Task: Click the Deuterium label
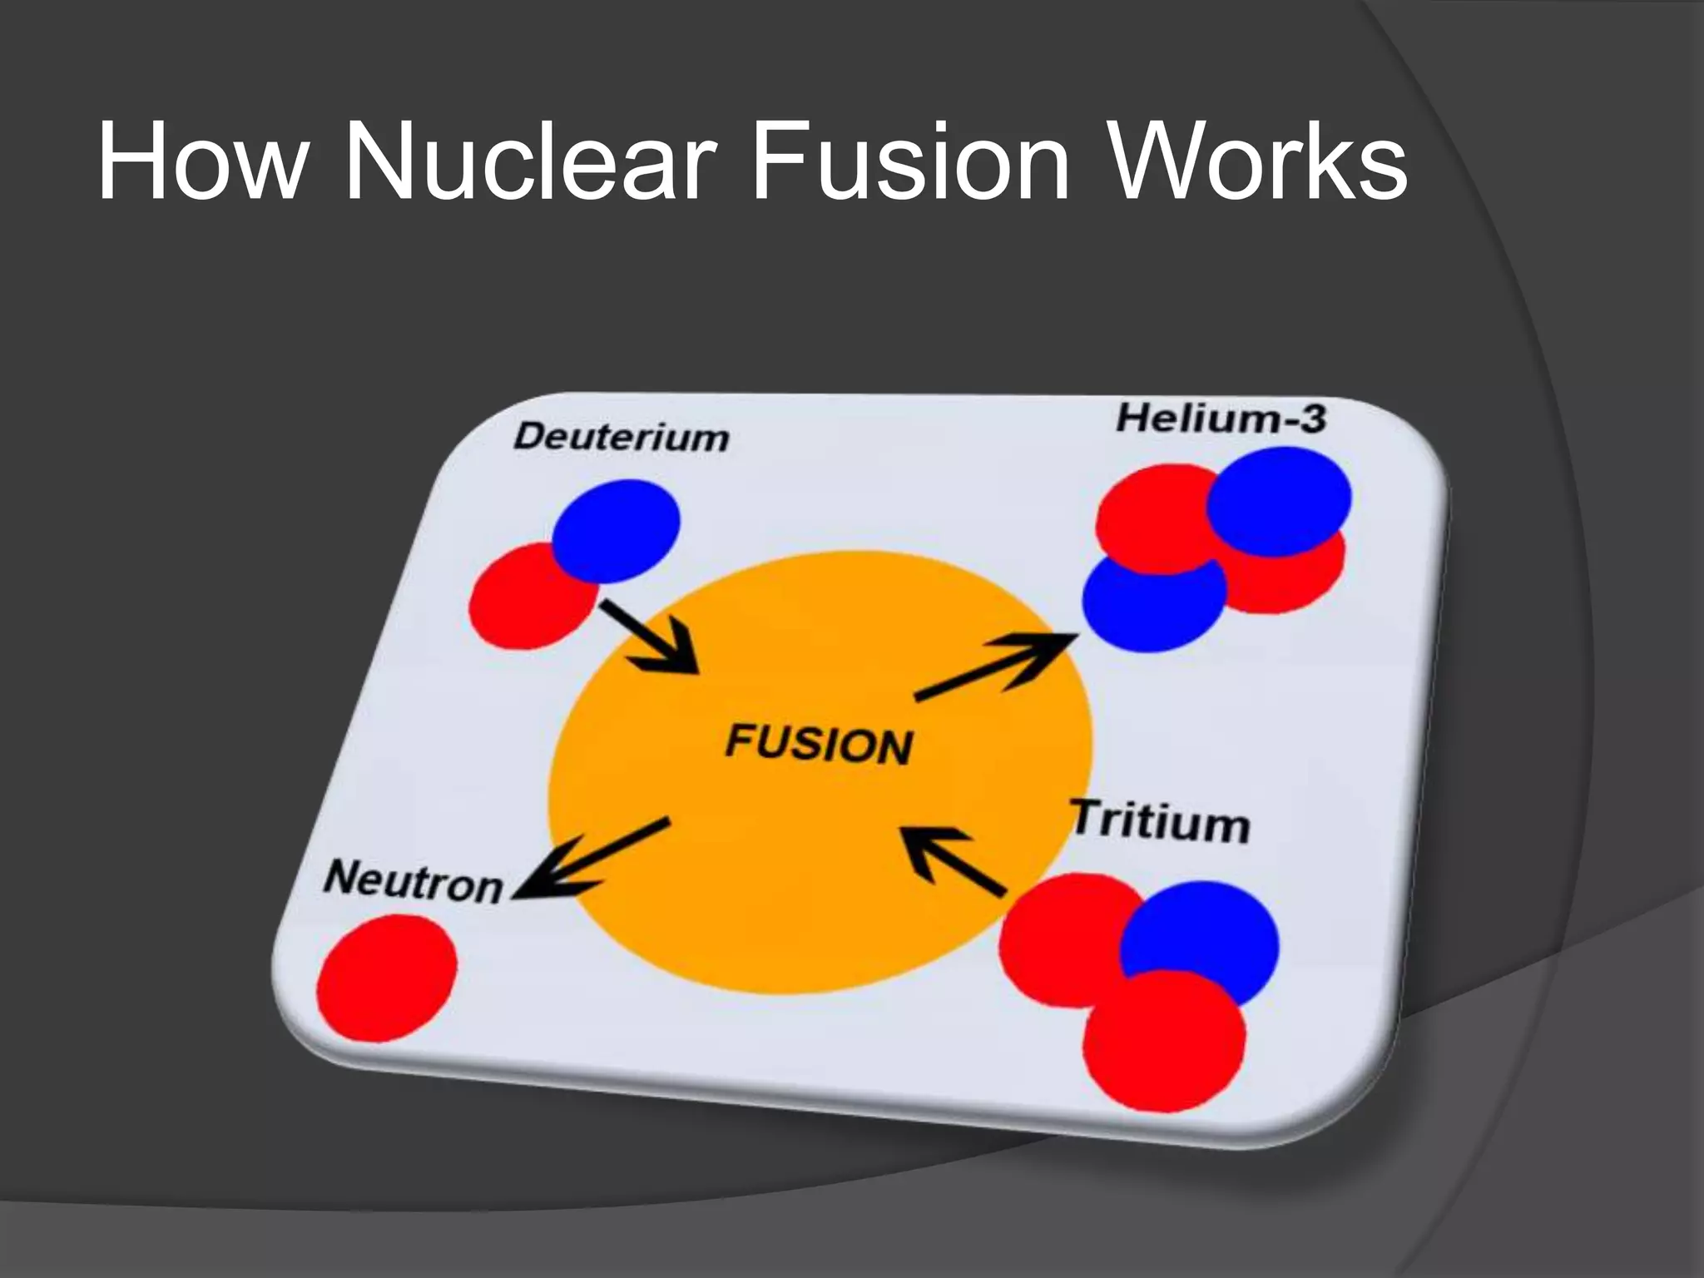click(x=621, y=437)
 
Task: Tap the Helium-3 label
click(x=1221, y=418)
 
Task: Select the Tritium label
click(x=1160, y=821)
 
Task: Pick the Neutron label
click(x=414, y=882)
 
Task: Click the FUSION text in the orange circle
click(x=819, y=743)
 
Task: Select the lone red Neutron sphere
click(x=387, y=978)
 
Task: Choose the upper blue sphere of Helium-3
click(x=1279, y=500)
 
